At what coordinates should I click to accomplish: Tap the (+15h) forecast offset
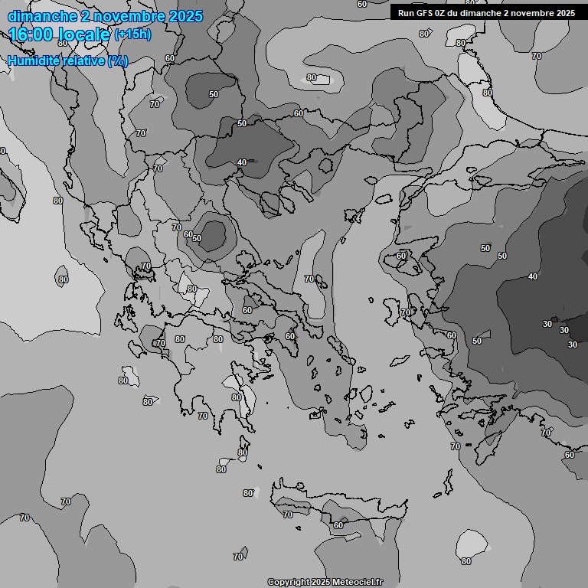point(132,34)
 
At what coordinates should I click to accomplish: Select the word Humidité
point(34,60)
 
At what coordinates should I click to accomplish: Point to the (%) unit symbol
point(117,60)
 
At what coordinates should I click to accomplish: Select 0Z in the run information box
point(440,13)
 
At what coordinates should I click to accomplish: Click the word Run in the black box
point(407,13)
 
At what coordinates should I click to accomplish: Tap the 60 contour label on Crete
point(338,525)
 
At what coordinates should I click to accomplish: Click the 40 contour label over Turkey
point(533,276)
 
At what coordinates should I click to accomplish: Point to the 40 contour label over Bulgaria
point(242,162)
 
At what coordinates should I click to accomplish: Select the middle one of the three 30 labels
point(563,330)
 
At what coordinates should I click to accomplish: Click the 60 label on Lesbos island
point(402,256)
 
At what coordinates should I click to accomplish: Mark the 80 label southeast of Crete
point(466,561)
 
